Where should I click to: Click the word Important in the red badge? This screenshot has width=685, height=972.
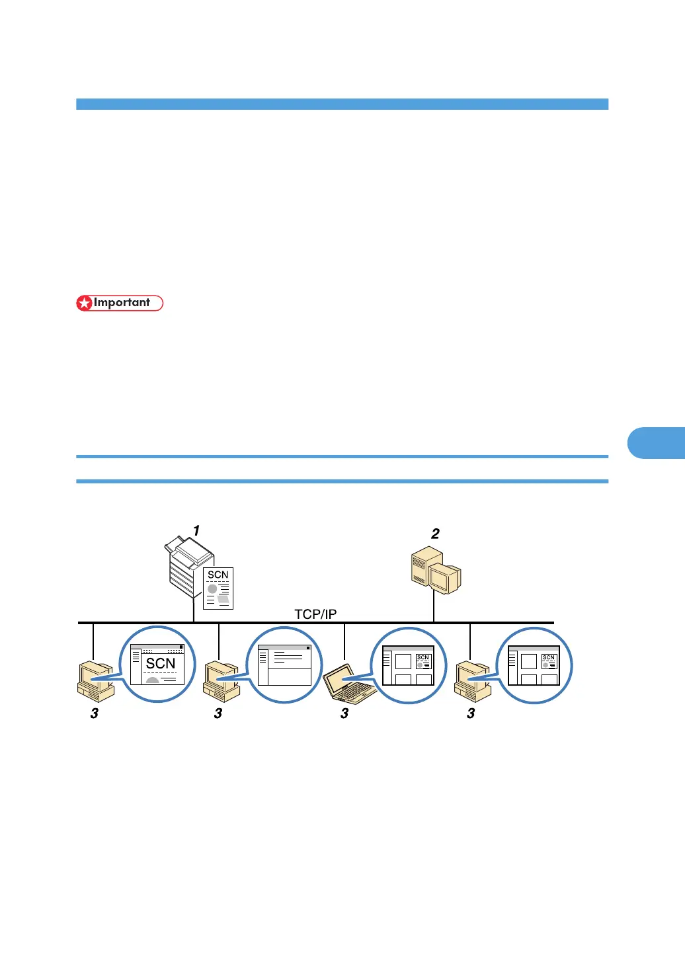(122, 303)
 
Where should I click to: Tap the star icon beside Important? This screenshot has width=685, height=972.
(85, 304)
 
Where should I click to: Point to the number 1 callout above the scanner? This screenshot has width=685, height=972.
(196, 531)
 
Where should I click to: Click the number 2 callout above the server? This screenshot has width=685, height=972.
(435, 534)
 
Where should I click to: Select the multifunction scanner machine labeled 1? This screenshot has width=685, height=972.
(188, 565)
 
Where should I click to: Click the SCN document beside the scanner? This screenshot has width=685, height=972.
(218, 588)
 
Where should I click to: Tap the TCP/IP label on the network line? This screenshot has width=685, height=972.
(315, 614)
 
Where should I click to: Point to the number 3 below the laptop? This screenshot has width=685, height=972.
(344, 713)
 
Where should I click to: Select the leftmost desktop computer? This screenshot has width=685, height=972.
(95, 681)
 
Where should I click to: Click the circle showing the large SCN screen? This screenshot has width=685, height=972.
(157, 665)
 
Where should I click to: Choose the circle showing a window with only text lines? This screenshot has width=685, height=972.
(284, 665)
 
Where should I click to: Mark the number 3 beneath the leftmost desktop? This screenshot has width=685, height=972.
(95, 713)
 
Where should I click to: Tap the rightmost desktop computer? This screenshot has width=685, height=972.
(473, 681)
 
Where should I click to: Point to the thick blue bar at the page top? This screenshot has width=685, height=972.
(342, 104)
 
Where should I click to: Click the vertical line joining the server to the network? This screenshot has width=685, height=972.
(434, 607)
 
